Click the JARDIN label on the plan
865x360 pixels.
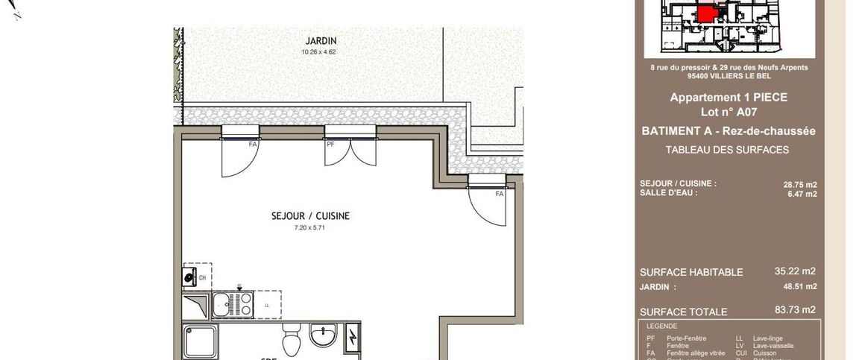point(321,40)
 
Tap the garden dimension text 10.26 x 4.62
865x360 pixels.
point(318,52)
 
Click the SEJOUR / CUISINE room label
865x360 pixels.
point(310,216)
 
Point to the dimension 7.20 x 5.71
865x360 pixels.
point(309,228)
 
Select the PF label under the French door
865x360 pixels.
point(330,144)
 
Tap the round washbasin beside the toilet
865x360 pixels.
point(323,336)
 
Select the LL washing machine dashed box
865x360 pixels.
point(266,304)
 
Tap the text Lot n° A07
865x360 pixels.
point(728,112)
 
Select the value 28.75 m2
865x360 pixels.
point(799,184)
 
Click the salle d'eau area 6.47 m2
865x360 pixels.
point(802,194)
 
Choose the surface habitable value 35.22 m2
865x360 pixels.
point(795,271)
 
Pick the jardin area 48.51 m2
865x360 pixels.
point(799,286)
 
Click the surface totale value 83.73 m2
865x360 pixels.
point(795,310)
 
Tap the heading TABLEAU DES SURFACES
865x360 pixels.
point(727,150)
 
